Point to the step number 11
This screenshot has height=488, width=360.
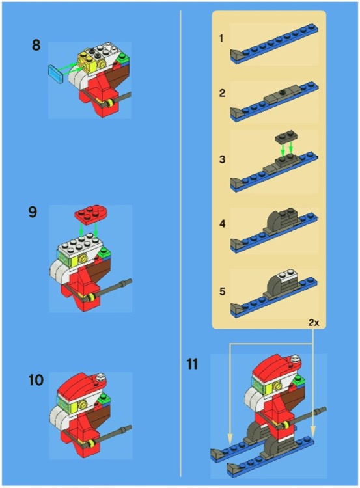coord(192,363)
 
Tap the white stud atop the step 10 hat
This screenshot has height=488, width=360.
coord(103,376)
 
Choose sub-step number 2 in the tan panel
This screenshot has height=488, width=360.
coord(222,93)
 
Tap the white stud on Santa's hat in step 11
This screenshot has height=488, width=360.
coord(296,357)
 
